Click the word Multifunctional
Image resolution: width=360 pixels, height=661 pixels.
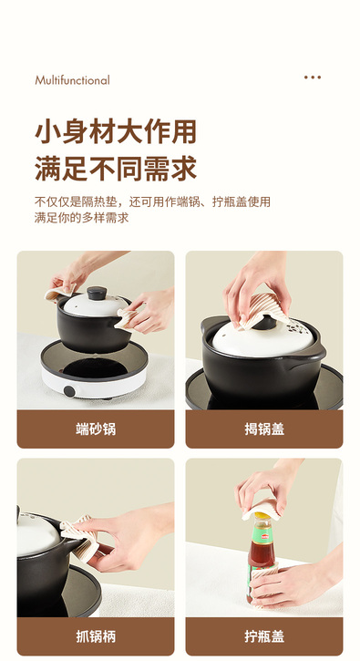72,80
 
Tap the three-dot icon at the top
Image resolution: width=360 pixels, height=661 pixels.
313,77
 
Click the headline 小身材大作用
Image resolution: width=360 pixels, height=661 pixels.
116,131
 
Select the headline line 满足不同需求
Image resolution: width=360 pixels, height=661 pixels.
116,168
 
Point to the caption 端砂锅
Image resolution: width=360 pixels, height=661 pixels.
96,429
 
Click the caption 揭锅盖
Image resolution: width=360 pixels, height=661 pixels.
264,429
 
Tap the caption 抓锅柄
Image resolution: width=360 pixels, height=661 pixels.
96,636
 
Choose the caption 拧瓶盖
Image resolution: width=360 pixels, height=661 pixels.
264,636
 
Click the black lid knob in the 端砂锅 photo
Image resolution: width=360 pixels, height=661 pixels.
97,293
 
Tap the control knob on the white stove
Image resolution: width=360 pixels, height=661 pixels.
69,391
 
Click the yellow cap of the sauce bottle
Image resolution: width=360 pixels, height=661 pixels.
262,515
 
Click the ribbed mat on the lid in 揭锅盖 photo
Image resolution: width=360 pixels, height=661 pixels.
263,311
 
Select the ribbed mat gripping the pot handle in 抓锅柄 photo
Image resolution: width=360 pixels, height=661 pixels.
80,538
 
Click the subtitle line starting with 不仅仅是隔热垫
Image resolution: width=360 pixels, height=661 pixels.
152,201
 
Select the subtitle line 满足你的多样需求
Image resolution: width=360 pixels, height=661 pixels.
82,218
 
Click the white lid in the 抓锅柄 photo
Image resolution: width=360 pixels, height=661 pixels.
37,533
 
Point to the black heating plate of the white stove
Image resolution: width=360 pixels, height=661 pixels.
95,368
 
